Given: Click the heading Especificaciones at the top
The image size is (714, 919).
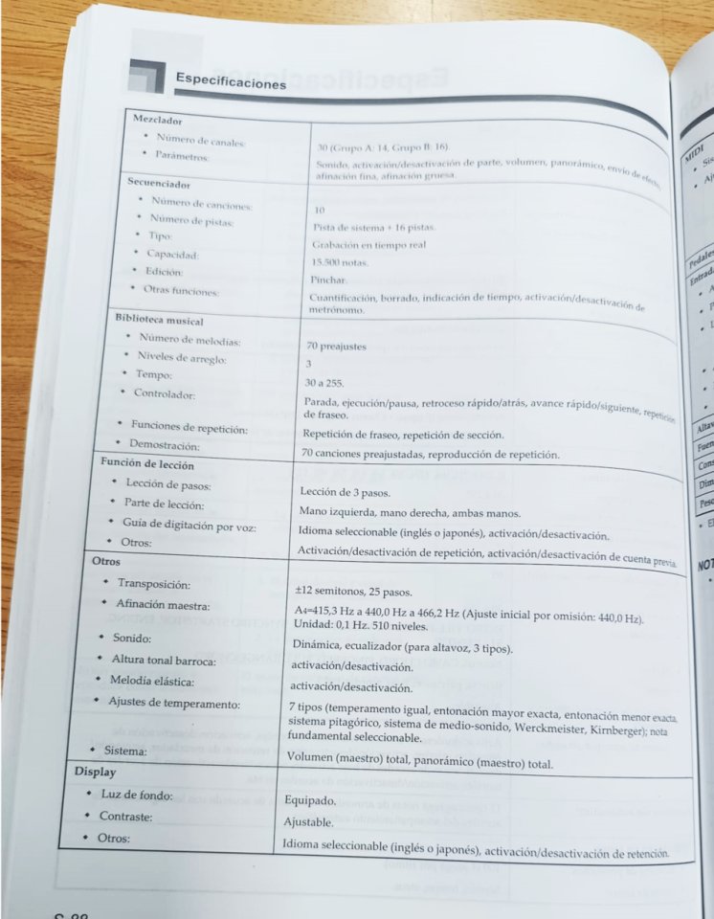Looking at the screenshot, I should (x=231, y=81).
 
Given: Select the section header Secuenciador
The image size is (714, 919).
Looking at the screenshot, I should (x=159, y=182).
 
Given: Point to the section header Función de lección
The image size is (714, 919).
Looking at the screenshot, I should (x=147, y=464).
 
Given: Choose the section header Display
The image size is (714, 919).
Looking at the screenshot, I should (x=96, y=771).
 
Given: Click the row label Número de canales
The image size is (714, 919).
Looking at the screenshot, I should (x=201, y=142).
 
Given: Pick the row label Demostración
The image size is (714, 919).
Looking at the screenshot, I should (x=165, y=445).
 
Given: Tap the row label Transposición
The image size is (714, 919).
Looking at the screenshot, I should (x=154, y=583).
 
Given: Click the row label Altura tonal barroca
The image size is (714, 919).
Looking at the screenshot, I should (x=164, y=660).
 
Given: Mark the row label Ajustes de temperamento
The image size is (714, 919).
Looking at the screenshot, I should (x=174, y=704).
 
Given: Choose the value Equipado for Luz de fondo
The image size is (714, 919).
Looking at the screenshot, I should (x=311, y=800).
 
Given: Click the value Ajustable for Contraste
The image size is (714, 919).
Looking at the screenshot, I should (x=308, y=821).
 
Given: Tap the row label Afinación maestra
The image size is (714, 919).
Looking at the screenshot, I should (x=163, y=605).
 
